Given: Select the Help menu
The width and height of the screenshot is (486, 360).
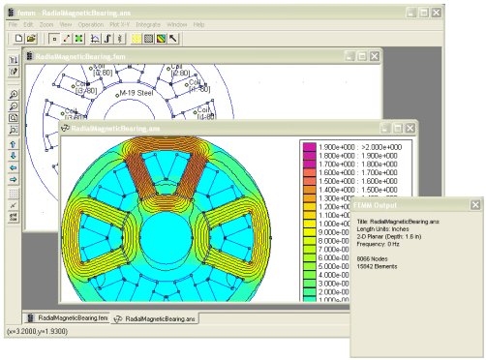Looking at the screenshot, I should tap(198, 23).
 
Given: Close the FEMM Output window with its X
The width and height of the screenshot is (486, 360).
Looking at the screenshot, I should tap(474, 204).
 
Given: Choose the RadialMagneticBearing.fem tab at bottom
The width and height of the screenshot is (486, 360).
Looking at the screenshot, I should tap(66, 317).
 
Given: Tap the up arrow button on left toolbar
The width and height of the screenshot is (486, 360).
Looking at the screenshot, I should tap(13, 141).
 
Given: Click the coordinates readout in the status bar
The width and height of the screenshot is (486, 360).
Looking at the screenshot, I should tap(37, 331).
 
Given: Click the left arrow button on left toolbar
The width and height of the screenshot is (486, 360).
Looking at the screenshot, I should tap(13, 166).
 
